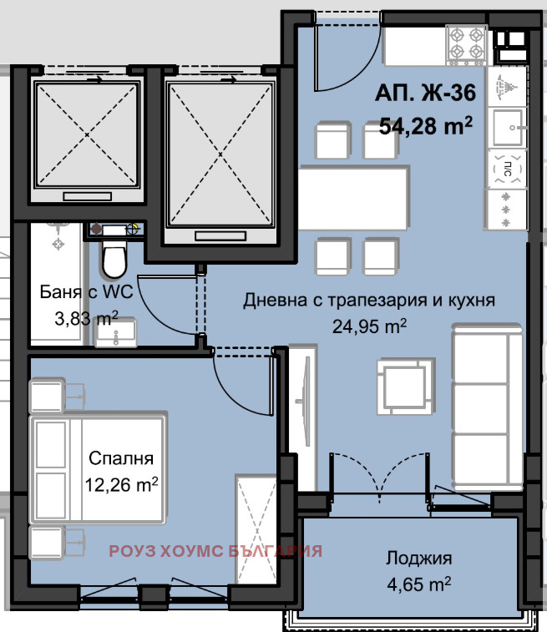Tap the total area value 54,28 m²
[427, 126]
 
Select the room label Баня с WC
[80, 293]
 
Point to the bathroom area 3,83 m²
[80, 317]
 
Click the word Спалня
[121, 458]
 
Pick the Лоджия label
[419, 559]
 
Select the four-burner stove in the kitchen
[468, 44]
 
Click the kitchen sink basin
[508, 126]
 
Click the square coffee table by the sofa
[406, 387]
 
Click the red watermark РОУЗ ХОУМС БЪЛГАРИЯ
[215, 551]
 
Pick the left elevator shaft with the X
[87, 133]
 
